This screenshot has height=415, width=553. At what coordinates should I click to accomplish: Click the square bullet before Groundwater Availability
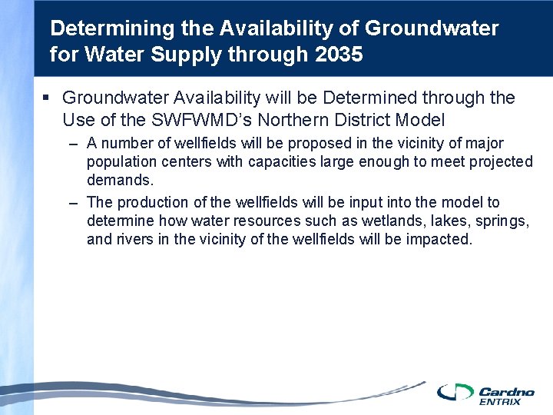(x=46, y=98)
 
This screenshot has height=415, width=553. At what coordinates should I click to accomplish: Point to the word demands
(x=120, y=181)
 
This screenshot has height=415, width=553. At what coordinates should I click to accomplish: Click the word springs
(x=501, y=221)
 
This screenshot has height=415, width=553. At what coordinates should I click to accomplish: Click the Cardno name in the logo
(x=500, y=391)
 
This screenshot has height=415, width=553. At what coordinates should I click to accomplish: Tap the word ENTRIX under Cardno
(x=499, y=401)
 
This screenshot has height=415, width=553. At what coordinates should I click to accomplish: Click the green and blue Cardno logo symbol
(x=455, y=392)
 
